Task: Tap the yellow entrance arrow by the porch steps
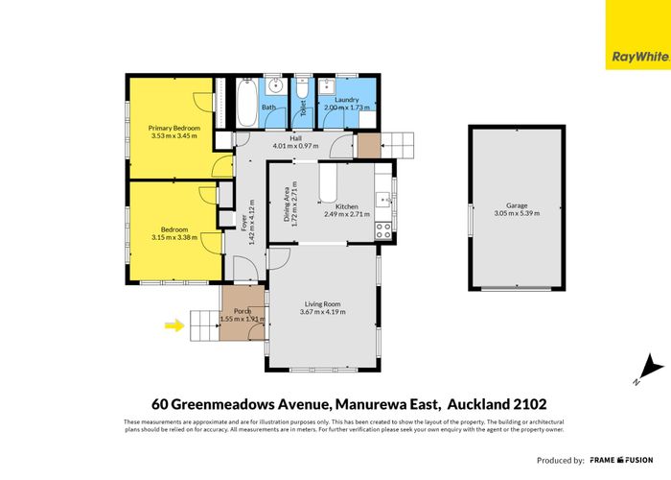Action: click(x=174, y=325)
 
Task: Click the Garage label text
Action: click(x=517, y=204)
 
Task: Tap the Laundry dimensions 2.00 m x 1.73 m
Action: click(x=346, y=108)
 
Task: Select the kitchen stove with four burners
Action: click(x=383, y=230)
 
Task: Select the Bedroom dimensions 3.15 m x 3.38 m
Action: click(x=174, y=237)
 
